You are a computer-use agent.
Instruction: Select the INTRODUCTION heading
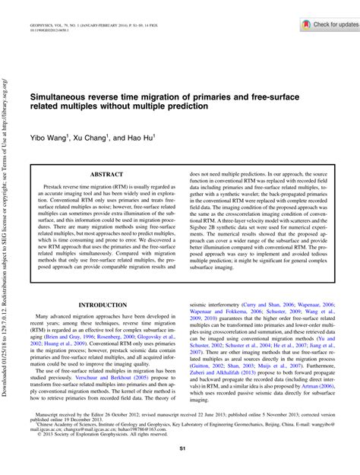click(103, 304)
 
